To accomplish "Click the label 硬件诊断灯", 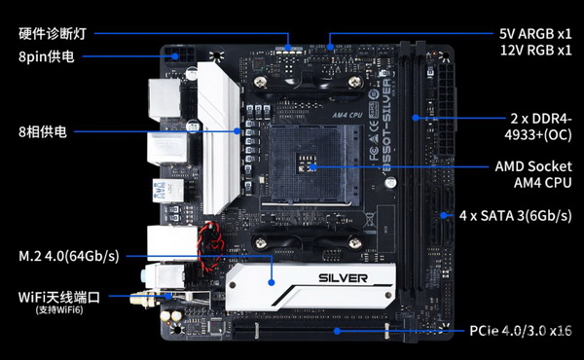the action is point(53,33).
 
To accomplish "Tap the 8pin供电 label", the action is point(47,56).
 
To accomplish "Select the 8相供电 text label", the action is point(43,131).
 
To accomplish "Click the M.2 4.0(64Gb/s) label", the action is point(69,256).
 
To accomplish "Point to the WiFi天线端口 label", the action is point(59,298).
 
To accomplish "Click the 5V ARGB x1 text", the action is point(535,34).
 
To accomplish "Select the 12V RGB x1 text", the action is point(535,50).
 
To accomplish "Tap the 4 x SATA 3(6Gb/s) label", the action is point(516,216).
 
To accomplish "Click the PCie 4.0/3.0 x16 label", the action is point(521,331).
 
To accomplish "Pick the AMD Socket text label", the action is point(533,166).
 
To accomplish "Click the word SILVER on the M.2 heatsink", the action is point(343,278).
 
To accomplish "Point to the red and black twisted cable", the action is point(210,246).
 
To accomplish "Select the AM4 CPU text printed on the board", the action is point(347,115).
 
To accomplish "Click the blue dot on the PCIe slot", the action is point(337,331).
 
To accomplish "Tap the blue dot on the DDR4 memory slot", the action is point(416,118).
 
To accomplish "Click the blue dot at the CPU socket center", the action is point(313,166).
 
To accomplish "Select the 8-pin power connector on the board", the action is point(179,55).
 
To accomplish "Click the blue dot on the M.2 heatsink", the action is point(272,282).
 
